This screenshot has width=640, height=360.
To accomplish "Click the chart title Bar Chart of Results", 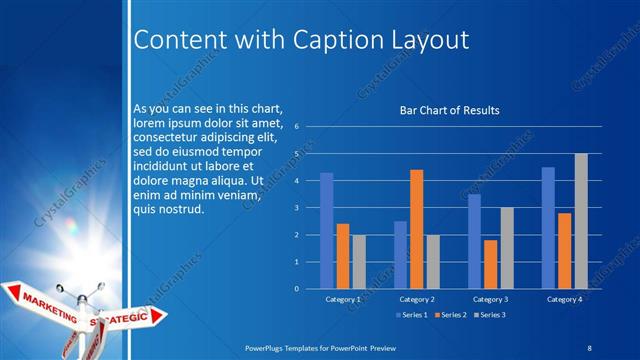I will [449, 110].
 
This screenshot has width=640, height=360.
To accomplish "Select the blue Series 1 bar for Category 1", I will [326, 231].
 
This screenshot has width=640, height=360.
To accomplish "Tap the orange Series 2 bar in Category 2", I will [416, 229].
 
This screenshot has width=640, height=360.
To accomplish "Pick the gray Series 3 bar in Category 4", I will [581, 221].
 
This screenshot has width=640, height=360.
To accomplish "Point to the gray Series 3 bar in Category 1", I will [358, 262].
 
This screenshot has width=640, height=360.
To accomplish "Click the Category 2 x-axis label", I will [417, 299].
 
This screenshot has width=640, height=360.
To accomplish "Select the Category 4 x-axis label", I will [565, 299].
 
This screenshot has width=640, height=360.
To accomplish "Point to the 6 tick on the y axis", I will [297, 127].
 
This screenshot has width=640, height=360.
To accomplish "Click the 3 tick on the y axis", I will [297, 208].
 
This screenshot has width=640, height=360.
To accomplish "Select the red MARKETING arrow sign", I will [45, 299].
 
